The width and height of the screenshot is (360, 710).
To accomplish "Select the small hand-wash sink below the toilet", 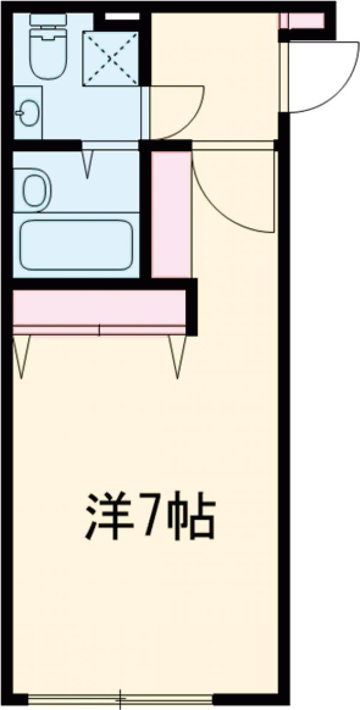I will tap(27, 112).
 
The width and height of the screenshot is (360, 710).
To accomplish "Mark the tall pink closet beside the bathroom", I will tap(171, 214).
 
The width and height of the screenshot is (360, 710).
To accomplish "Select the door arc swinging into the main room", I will tap(231, 192).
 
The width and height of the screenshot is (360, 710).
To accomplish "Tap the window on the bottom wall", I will tap(120, 698).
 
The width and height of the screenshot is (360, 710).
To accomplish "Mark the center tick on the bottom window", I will tap(122, 698).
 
